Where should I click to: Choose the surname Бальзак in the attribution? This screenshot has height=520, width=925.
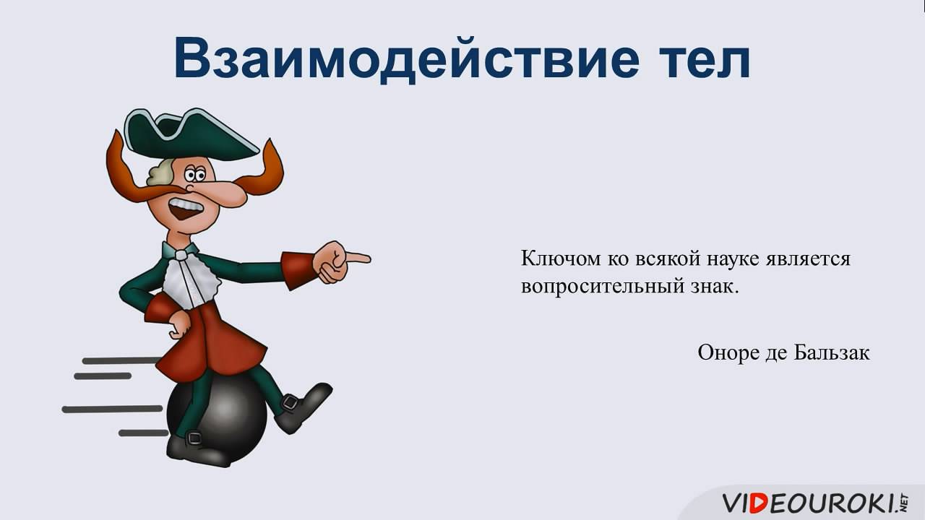[832, 352]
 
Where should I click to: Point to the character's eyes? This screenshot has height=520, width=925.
[193, 174]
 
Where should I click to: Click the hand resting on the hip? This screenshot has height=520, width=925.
[180, 324]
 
